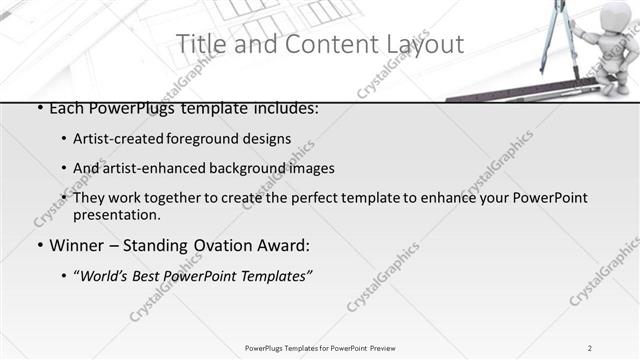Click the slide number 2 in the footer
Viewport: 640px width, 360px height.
590,347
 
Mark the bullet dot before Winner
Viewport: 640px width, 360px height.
38,246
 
